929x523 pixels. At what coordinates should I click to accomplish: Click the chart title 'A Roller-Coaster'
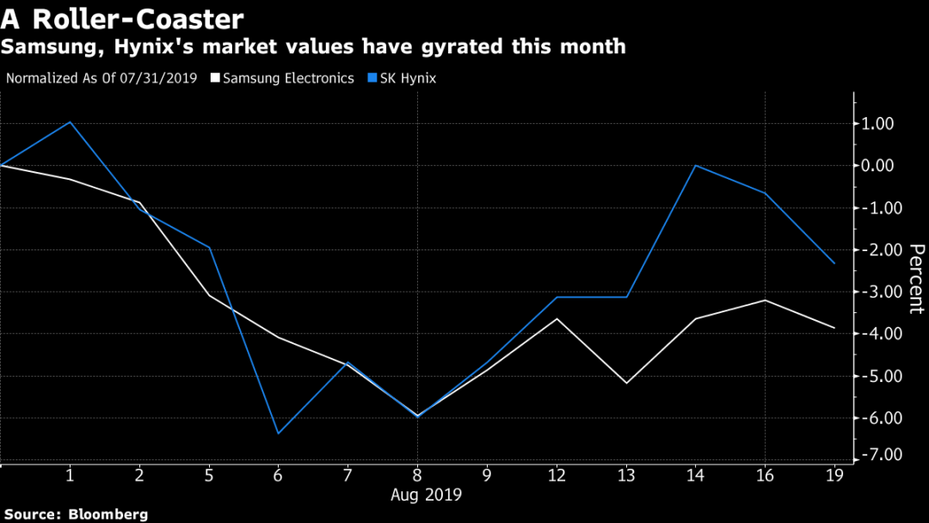pos(122,18)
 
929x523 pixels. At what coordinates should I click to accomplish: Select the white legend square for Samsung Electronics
pos(213,78)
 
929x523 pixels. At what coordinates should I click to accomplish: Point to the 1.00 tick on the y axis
pos(877,124)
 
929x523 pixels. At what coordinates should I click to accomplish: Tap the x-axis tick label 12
pos(557,475)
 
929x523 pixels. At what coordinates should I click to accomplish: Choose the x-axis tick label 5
pos(209,475)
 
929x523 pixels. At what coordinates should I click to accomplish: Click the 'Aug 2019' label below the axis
pos(426,495)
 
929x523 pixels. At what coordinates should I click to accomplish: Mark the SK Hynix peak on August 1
pos(70,122)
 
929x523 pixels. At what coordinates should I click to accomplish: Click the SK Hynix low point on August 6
pos(278,433)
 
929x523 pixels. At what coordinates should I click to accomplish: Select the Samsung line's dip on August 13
pos(626,383)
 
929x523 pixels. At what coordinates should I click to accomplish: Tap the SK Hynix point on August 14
pos(695,165)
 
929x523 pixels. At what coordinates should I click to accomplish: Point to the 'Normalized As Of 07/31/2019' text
pos(102,78)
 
